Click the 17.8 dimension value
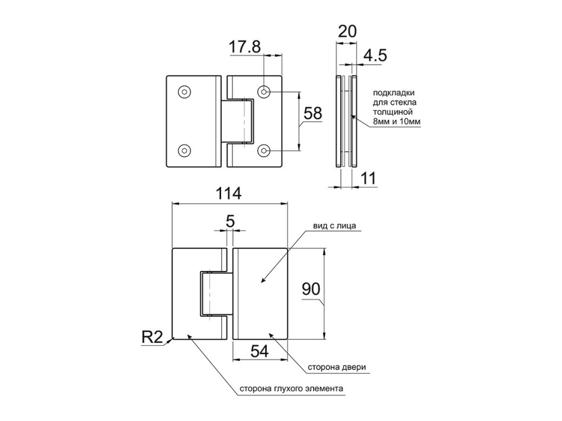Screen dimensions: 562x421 tap(245, 47)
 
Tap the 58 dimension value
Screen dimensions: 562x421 tap(313, 113)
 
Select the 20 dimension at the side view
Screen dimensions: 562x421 tap(347, 31)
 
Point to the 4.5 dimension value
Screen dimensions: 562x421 tap(375, 56)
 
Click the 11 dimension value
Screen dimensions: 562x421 tap(368, 178)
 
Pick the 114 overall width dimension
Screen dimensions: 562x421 tap(229, 193)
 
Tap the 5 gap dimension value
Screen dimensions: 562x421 tap(230, 221)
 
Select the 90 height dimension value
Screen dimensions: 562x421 tap(311, 289)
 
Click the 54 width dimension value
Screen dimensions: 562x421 tap(260, 351)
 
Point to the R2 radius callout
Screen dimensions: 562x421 tap(152, 337)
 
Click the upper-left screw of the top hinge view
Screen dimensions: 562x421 tap(184, 92)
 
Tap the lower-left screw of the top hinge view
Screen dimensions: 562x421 tap(184, 151)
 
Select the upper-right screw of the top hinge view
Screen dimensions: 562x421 tap(264, 92)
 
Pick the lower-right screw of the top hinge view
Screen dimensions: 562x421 tap(264, 151)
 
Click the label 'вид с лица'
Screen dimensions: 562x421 tap(334, 225)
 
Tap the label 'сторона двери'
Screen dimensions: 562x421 tap(337, 367)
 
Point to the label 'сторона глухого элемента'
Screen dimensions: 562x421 tap(292, 388)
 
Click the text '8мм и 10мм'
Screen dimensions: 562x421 tap(397, 122)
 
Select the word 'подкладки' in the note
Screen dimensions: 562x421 tap(394, 93)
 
